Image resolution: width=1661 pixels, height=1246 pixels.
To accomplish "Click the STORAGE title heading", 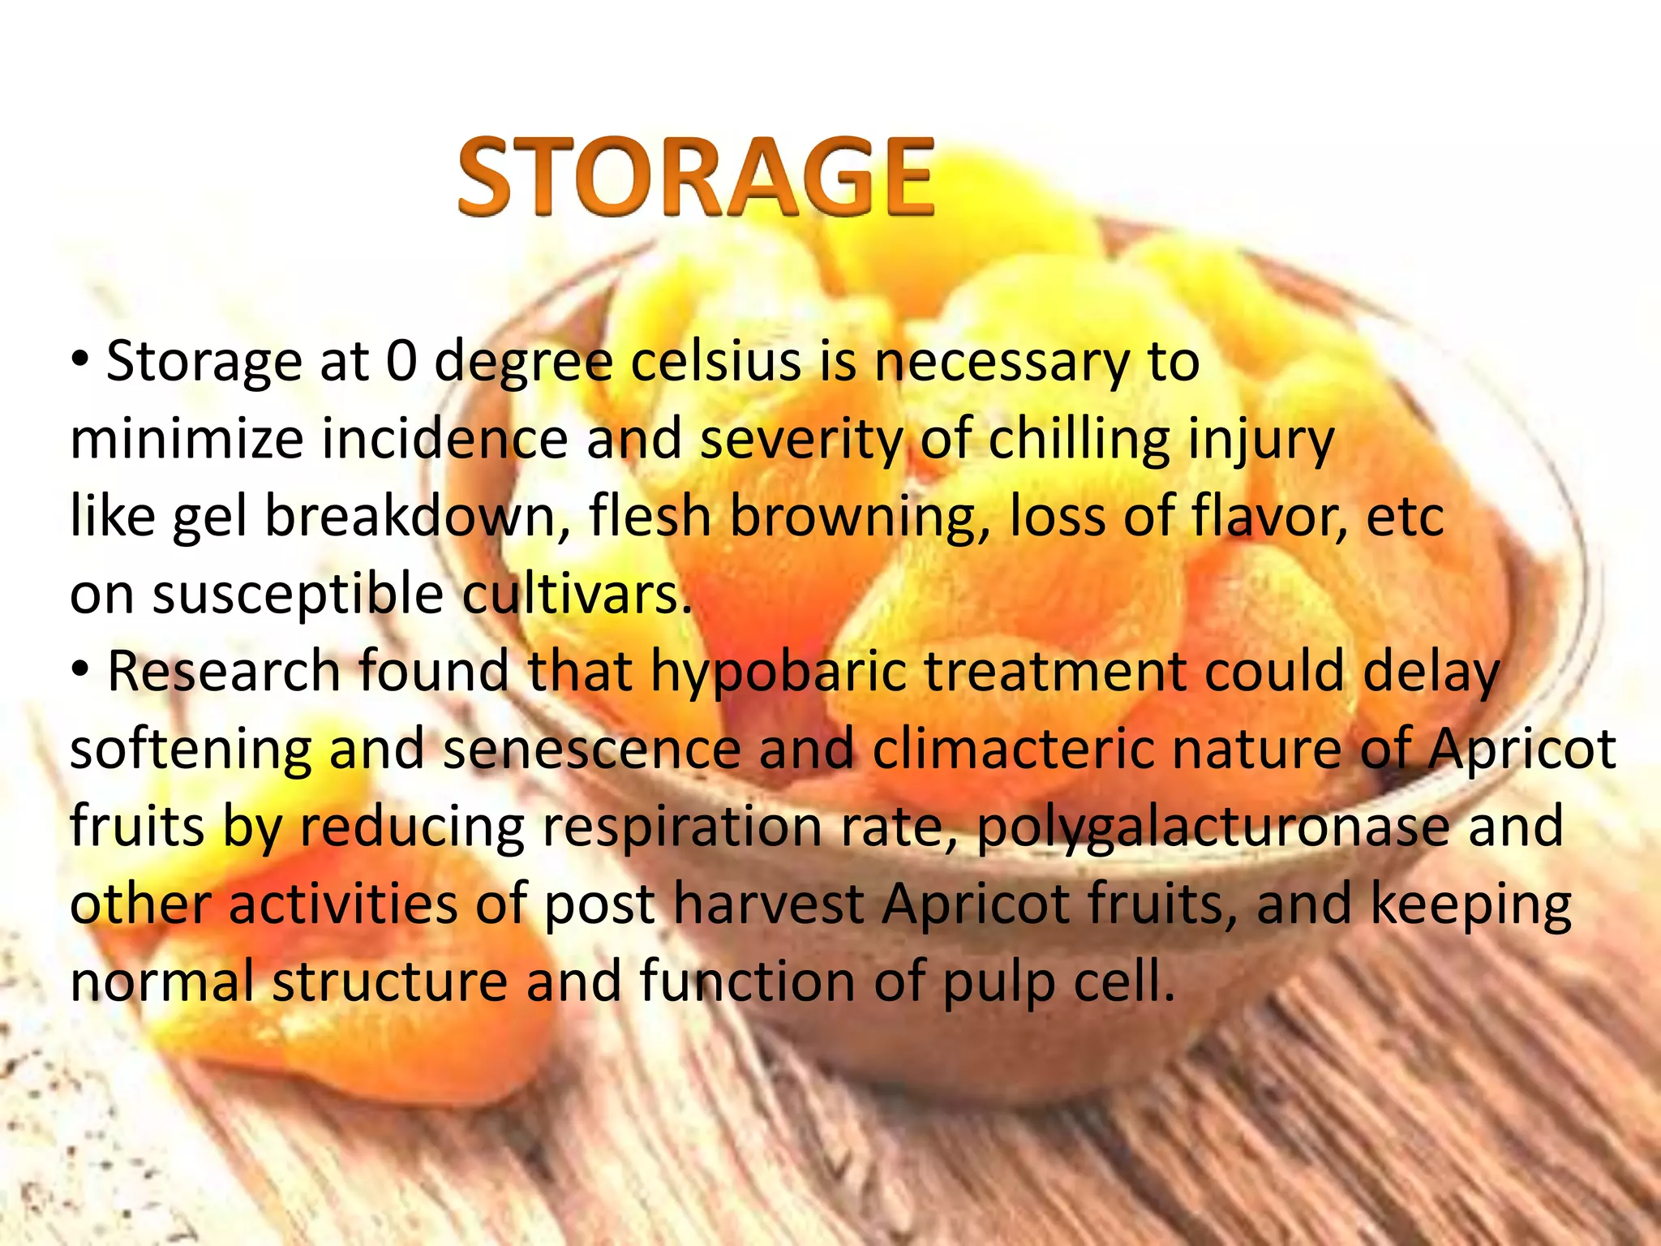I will (x=696, y=177).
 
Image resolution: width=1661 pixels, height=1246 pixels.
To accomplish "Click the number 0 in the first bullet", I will (x=401, y=362).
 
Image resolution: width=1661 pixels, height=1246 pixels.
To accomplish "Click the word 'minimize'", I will (x=187, y=439).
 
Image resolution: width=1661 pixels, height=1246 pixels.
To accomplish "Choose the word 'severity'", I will (x=800, y=439).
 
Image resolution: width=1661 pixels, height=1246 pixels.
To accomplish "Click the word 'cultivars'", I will (x=577, y=594).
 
